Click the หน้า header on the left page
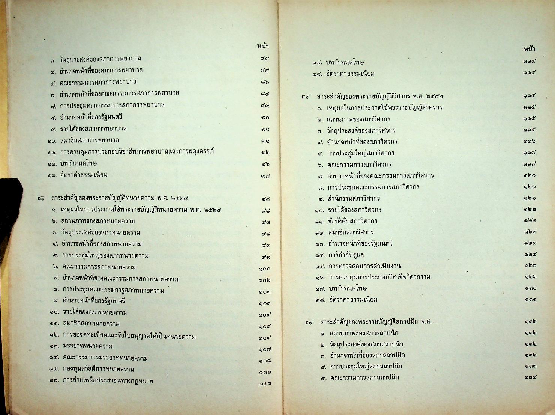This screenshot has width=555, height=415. click(x=262, y=47)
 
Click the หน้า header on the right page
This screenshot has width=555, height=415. click(x=529, y=49)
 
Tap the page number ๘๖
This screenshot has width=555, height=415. click(x=264, y=82)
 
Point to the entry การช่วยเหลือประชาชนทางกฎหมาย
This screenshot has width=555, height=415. click(x=107, y=381)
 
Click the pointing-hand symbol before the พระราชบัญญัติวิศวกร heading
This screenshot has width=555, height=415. click(x=306, y=97)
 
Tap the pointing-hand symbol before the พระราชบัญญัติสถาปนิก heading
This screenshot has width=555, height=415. click(x=309, y=323)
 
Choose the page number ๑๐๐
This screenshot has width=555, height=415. click(x=264, y=269)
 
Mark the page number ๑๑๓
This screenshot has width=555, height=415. click(x=264, y=383)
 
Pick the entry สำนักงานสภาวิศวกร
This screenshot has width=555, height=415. click(x=353, y=198)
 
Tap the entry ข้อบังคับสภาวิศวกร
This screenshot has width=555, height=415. click(x=352, y=221)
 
